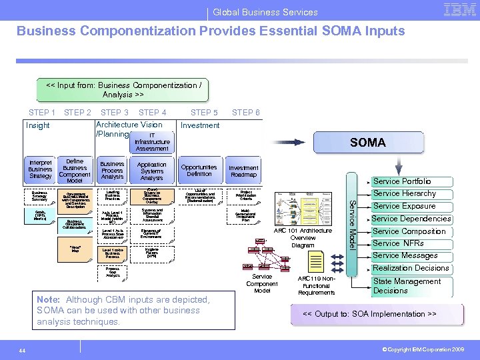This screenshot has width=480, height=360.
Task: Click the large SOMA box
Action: (367, 142)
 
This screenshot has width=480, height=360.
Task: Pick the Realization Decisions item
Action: (411, 268)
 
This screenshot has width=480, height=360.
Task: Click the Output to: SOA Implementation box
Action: (369, 314)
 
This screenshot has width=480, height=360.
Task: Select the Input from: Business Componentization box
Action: (123, 90)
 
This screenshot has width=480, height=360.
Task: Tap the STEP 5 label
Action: (204, 113)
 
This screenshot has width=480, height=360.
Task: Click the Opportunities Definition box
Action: (199, 171)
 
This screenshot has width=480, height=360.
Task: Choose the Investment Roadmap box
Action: (243, 171)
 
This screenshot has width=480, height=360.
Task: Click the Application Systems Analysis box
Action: (152, 171)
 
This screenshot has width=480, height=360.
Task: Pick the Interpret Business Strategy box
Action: (40, 169)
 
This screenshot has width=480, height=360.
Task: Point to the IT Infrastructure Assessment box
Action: (152, 141)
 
